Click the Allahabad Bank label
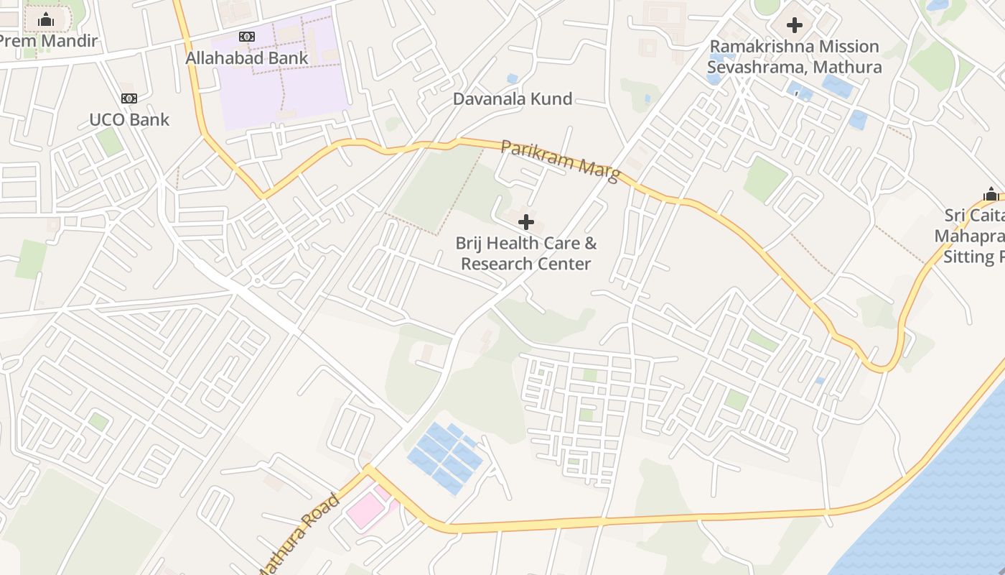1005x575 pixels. tap(246, 58)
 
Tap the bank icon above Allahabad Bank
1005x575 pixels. tap(247, 37)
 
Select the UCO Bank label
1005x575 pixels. tap(129, 119)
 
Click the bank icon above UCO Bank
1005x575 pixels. tap(129, 98)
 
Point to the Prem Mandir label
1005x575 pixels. tap(47, 41)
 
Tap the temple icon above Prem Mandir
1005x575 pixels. tap(46, 19)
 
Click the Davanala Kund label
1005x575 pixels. tap(513, 99)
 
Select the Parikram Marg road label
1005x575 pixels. tap(560, 161)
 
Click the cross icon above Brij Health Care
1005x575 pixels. tap(526, 222)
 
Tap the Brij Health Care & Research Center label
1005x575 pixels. tap(526, 253)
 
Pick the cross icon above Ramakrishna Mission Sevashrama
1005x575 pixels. tap(794, 26)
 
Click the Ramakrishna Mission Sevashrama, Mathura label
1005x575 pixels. tap(794, 57)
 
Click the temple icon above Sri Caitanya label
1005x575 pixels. tap(991, 195)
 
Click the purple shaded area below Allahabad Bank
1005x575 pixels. tap(287, 93)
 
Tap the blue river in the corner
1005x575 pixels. tap(948, 503)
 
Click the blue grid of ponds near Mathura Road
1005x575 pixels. tap(445, 457)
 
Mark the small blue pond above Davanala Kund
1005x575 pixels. tap(512, 78)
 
